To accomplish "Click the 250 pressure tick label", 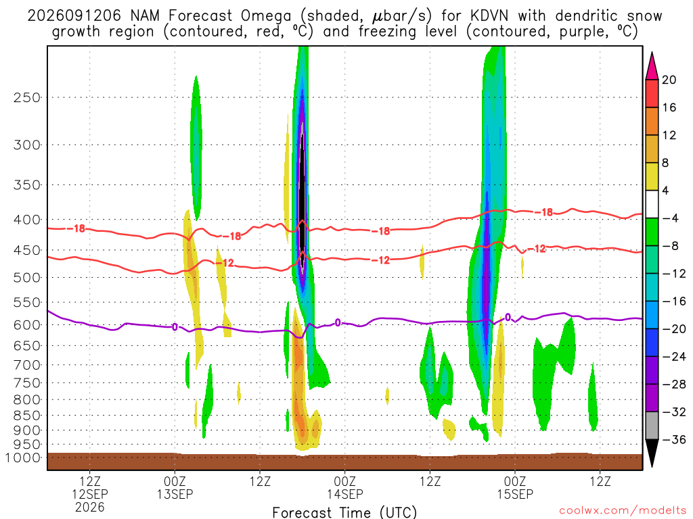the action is point(27,97).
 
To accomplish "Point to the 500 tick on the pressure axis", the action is point(27,278).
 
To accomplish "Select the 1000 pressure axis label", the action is point(22,458).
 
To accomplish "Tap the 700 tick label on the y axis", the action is point(27,365).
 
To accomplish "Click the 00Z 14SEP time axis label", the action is point(344,487).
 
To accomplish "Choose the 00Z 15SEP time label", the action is point(515,487).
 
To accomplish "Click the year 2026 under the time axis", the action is point(90,507).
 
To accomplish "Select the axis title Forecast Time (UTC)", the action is point(344,512).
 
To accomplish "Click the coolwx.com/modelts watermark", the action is point(623,511).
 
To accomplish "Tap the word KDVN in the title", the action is point(489,16).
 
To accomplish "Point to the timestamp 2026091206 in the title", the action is point(74,16).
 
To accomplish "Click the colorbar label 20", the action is point(669,80).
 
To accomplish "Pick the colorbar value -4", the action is point(670,218).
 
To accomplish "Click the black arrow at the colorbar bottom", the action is point(652,453).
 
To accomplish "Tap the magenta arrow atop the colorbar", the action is point(652,66).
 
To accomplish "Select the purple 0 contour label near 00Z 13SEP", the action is point(175,327).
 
